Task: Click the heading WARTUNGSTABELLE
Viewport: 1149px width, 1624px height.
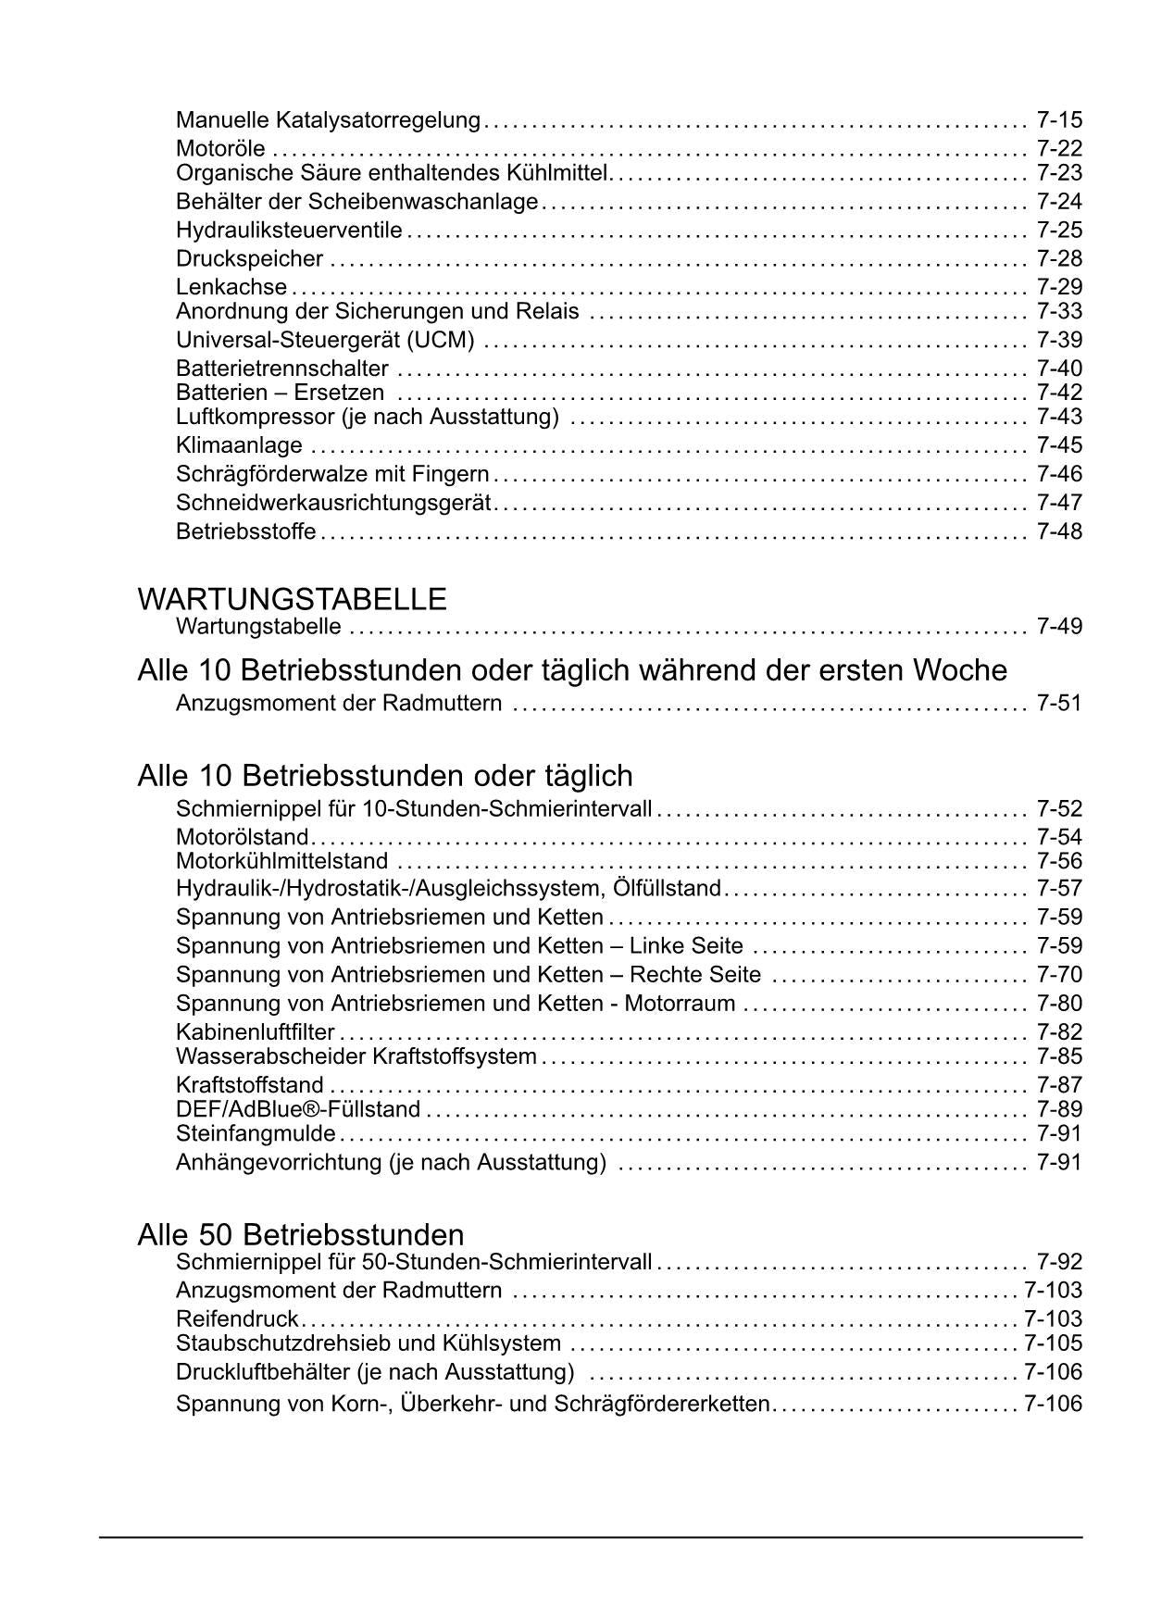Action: (292, 599)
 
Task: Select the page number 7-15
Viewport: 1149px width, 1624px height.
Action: (1059, 120)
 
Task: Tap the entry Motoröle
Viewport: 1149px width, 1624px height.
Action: (220, 149)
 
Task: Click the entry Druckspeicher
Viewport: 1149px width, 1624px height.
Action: (249, 258)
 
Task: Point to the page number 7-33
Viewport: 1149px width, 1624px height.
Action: (1059, 311)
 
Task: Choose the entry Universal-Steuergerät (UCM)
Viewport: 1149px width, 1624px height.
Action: (325, 340)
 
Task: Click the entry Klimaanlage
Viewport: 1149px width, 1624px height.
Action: (239, 445)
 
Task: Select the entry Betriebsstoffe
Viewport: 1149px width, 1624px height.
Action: (246, 531)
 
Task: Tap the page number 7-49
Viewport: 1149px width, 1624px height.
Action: (1059, 627)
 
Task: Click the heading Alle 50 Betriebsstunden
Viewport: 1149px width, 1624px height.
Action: (301, 1234)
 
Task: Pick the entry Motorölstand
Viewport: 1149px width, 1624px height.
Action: (243, 837)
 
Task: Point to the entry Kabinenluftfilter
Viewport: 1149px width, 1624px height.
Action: (256, 1032)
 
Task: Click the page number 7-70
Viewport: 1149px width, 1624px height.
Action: (1059, 975)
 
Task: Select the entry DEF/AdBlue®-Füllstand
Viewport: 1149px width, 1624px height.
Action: (298, 1109)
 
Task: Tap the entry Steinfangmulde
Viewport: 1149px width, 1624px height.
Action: (256, 1133)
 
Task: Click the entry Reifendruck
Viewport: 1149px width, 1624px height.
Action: (237, 1318)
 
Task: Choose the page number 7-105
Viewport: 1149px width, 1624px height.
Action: (1053, 1343)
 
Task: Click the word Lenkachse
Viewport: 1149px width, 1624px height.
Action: (231, 287)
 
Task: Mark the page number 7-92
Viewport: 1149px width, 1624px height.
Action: (1059, 1262)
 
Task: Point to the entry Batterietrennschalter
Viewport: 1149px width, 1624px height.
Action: (282, 369)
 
